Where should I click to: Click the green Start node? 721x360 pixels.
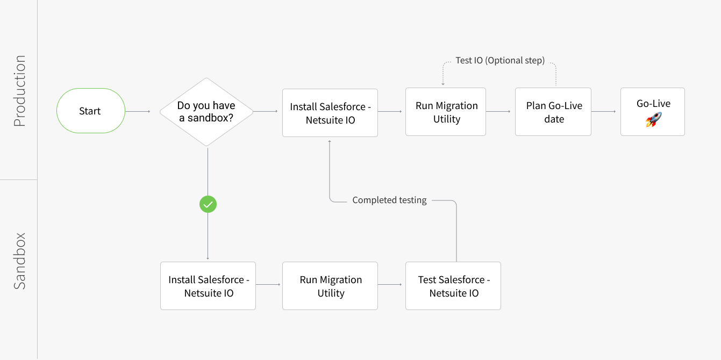pos(90,111)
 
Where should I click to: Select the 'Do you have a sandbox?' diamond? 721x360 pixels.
pos(206,112)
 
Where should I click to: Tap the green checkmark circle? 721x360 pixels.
pos(208,204)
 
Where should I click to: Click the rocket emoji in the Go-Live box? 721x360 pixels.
pos(653,119)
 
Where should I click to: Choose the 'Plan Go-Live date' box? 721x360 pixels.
pos(553,112)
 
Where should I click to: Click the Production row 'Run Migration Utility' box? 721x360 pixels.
pos(446,112)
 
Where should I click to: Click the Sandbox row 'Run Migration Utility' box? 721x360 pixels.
pos(330,286)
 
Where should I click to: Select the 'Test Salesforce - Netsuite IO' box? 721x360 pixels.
pos(453,286)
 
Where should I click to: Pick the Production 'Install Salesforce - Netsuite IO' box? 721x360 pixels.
pos(330,113)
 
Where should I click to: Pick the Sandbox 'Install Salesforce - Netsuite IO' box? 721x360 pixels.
pos(208,286)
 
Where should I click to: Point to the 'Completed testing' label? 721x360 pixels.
pos(389,200)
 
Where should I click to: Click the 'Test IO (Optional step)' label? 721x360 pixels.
pos(499,61)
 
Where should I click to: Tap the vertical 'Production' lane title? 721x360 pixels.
pos(20,91)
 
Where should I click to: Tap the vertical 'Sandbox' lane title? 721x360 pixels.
pos(20,261)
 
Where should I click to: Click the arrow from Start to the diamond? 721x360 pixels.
pos(138,112)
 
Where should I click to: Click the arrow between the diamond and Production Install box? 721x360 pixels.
pos(265,112)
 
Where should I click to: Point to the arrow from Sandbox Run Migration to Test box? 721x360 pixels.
pos(391,284)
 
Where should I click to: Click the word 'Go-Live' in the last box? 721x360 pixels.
pos(653,104)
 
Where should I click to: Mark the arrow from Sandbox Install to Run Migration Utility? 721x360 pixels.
pos(268,284)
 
